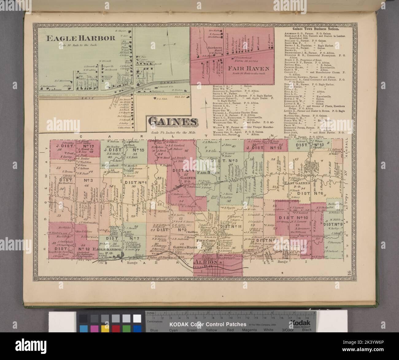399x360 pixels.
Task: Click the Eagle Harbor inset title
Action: tap(80, 38)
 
